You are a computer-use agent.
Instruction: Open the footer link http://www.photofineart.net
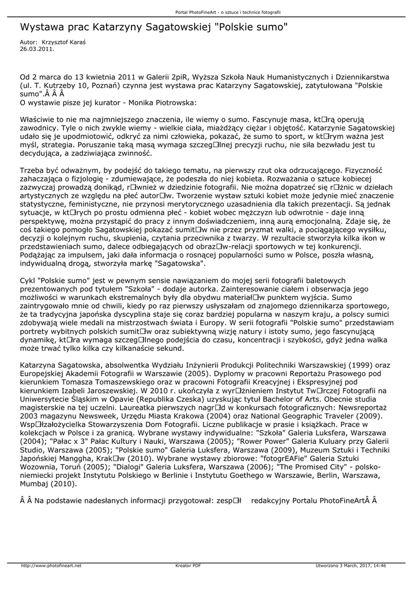click(x=51, y=566)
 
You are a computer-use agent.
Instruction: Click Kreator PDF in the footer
click(x=188, y=566)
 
